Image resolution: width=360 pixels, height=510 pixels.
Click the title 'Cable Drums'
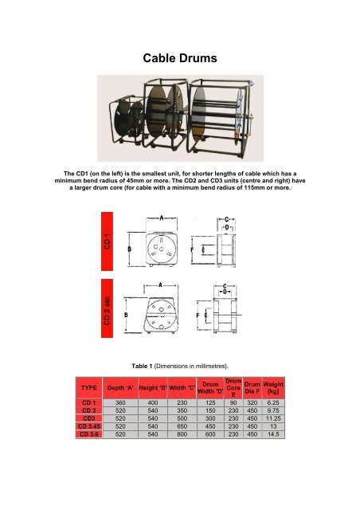pyautogui.click(x=179, y=58)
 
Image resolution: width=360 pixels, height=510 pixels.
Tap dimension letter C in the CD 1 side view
pyautogui.click(x=227, y=218)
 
